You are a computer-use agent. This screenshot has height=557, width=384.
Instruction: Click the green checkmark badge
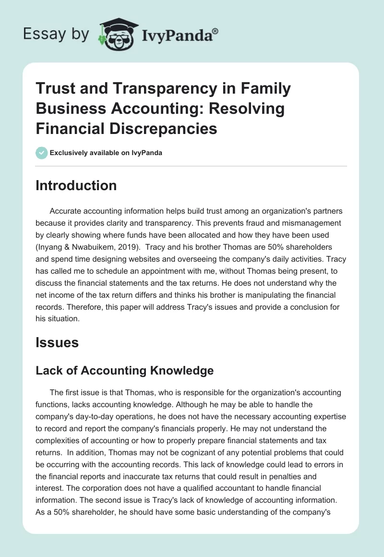pyautogui.click(x=41, y=153)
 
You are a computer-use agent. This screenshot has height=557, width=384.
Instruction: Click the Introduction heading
pyautogui.click(x=76, y=185)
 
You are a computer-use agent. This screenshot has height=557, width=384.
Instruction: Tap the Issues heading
pyautogui.click(x=57, y=342)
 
